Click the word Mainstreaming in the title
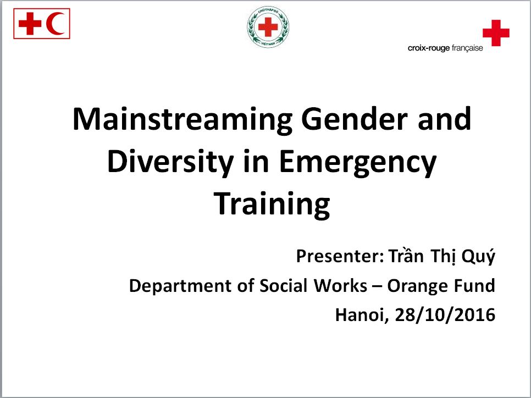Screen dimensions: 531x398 (182, 120)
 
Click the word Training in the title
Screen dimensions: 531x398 (272, 204)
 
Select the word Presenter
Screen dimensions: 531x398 (340, 256)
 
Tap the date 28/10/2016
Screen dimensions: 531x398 (445, 315)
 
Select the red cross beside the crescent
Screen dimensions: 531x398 (30, 24)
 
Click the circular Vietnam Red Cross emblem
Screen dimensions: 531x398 (268, 27)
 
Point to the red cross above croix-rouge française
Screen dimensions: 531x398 (496, 32)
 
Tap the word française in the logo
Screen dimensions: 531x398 (467, 48)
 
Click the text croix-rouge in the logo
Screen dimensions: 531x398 (429, 48)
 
